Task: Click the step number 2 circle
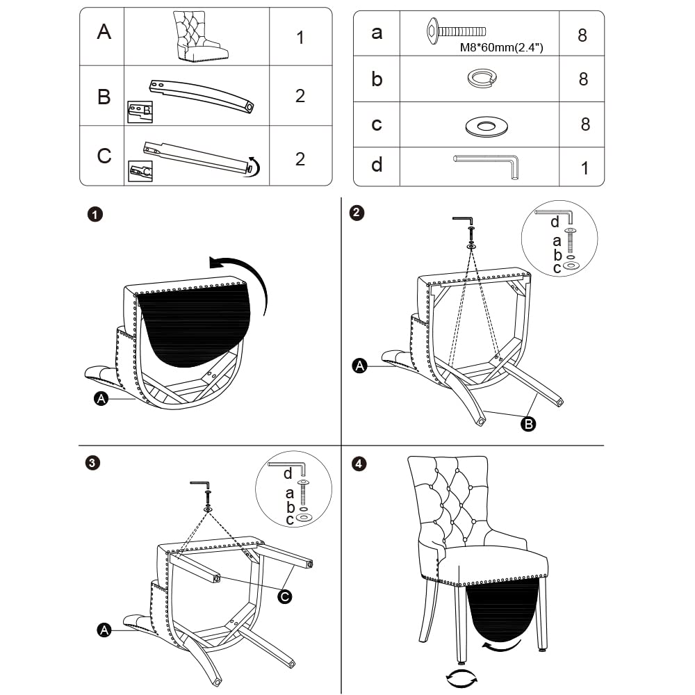(x=357, y=213)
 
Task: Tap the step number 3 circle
(x=92, y=463)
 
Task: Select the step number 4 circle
(x=358, y=464)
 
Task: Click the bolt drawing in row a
(x=455, y=31)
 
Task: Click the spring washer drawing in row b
(x=480, y=79)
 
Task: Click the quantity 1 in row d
(x=584, y=168)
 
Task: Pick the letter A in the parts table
(x=104, y=32)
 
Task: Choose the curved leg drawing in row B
(x=202, y=94)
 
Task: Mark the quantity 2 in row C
(x=300, y=159)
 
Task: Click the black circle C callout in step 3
(x=284, y=596)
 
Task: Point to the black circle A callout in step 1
(x=101, y=398)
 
